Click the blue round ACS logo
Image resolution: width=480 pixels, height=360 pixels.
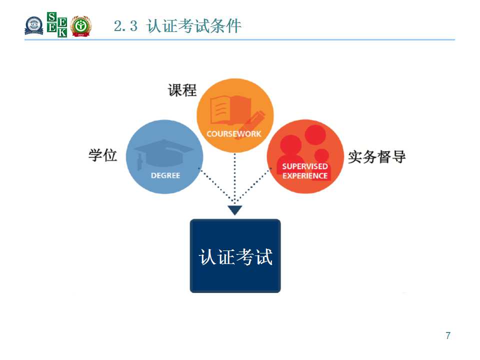[x=33, y=25]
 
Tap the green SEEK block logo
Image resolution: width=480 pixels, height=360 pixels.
[x=57, y=24]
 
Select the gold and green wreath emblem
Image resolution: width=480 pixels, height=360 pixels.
[x=80, y=26]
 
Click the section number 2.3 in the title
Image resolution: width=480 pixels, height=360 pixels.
[x=125, y=25]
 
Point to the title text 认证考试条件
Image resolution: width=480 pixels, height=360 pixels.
[x=194, y=25]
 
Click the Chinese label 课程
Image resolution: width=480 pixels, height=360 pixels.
[x=182, y=90]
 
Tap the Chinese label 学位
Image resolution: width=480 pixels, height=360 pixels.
[x=102, y=155]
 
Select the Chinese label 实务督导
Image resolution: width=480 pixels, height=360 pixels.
[x=377, y=156]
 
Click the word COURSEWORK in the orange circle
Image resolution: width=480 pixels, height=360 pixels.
[x=234, y=134]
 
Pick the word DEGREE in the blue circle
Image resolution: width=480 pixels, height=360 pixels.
[x=165, y=175]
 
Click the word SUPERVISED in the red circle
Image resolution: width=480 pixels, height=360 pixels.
[x=305, y=166]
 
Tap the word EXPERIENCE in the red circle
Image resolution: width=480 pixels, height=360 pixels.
[x=305, y=175]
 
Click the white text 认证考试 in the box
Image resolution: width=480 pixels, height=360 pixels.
[x=235, y=256]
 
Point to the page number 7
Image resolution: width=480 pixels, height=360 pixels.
[x=448, y=335]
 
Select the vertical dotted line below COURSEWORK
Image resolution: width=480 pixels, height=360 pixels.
[x=235, y=177]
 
